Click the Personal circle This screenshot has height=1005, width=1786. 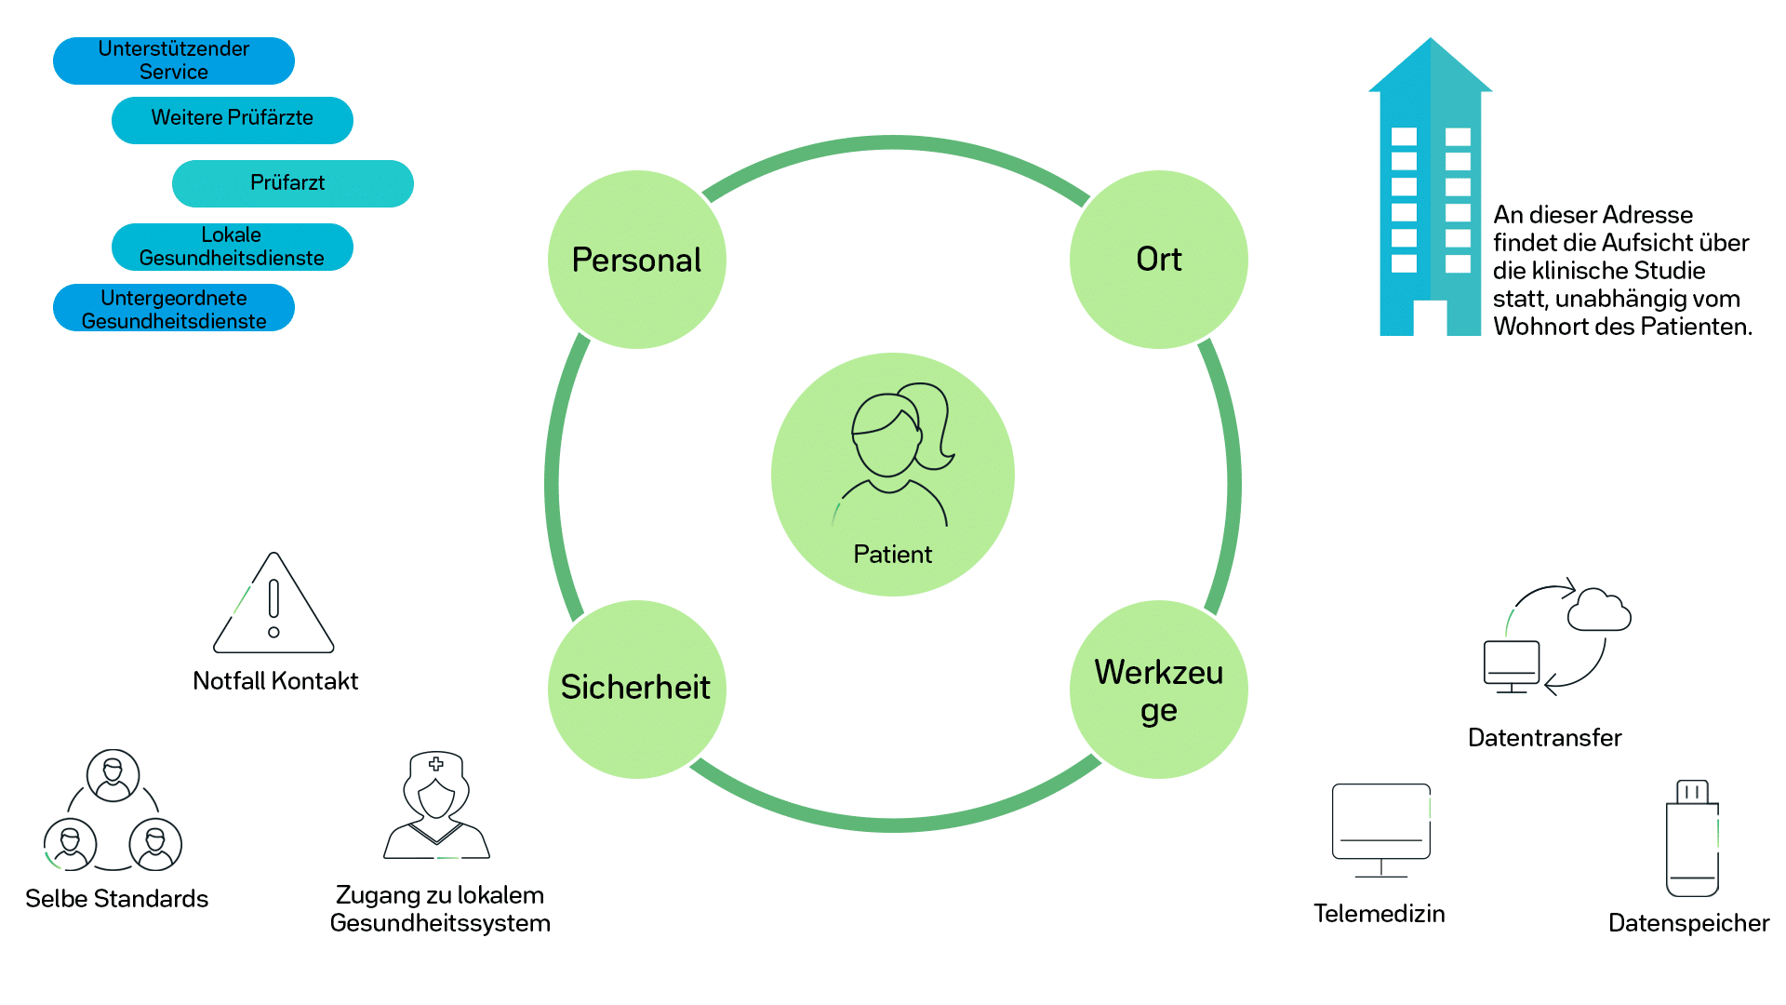pos(637,260)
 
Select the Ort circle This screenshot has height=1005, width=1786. pos(1159,260)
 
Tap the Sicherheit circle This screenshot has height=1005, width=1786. pos(637,689)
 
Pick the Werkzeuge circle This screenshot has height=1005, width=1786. pos(1159,689)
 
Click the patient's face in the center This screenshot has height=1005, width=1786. pos(886,437)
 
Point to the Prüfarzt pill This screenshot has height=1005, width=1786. pos(293,183)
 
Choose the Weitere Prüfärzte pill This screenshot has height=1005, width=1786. pos(233,120)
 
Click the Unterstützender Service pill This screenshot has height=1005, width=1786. pos(174,60)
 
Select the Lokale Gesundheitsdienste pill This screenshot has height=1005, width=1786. pos(233,247)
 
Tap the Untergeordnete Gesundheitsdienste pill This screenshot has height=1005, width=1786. pos(174,308)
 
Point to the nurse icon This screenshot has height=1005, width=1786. pos(436,805)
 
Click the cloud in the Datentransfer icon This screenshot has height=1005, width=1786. pos(1599,610)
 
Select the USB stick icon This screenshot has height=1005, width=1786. pos(1692,838)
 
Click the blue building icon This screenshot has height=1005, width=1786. pos(1431,186)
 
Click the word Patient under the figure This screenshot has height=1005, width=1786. pos(893,555)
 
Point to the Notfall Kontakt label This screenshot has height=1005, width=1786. pos(275,681)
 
